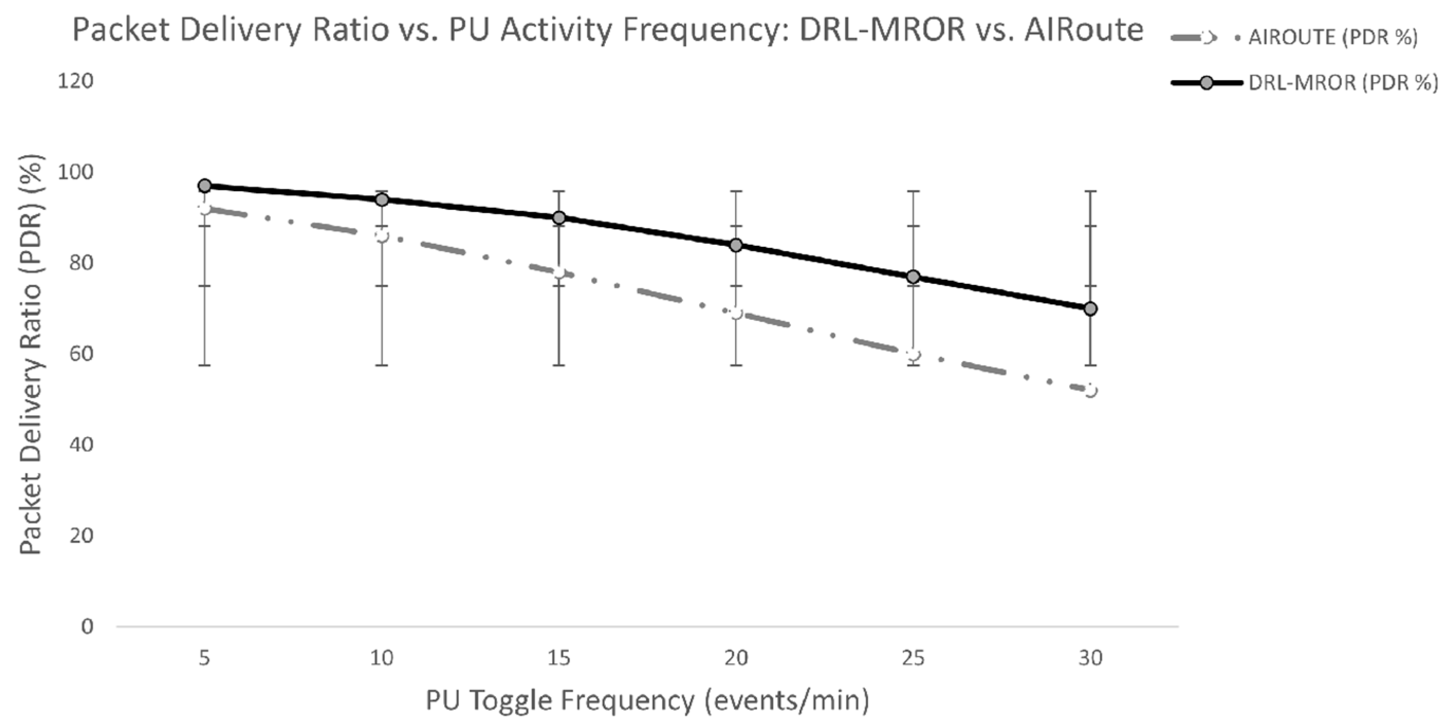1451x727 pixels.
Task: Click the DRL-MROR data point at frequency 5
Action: click(x=204, y=186)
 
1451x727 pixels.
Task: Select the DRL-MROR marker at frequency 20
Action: click(x=736, y=245)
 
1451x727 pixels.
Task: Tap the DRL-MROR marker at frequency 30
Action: click(x=1090, y=309)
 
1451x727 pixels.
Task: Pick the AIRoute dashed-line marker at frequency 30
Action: click(x=1090, y=391)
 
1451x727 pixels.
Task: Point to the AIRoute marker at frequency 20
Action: click(x=736, y=313)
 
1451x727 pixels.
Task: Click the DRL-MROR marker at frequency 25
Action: click(x=913, y=277)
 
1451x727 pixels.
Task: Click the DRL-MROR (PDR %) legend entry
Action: click(x=1304, y=83)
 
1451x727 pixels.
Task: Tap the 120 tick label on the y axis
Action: click(x=76, y=81)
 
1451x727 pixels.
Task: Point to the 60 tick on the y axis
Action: click(x=81, y=354)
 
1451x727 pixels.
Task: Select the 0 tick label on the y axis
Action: click(x=87, y=626)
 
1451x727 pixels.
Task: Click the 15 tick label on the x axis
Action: click(x=559, y=658)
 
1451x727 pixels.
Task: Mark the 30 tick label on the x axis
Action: click(x=1090, y=658)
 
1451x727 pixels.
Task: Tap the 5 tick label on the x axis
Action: click(x=204, y=658)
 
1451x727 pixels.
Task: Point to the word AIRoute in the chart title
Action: click(x=1084, y=29)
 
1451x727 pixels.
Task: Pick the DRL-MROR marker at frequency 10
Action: click(x=382, y=199)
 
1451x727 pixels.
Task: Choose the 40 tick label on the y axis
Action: click(x=81, y=445)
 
